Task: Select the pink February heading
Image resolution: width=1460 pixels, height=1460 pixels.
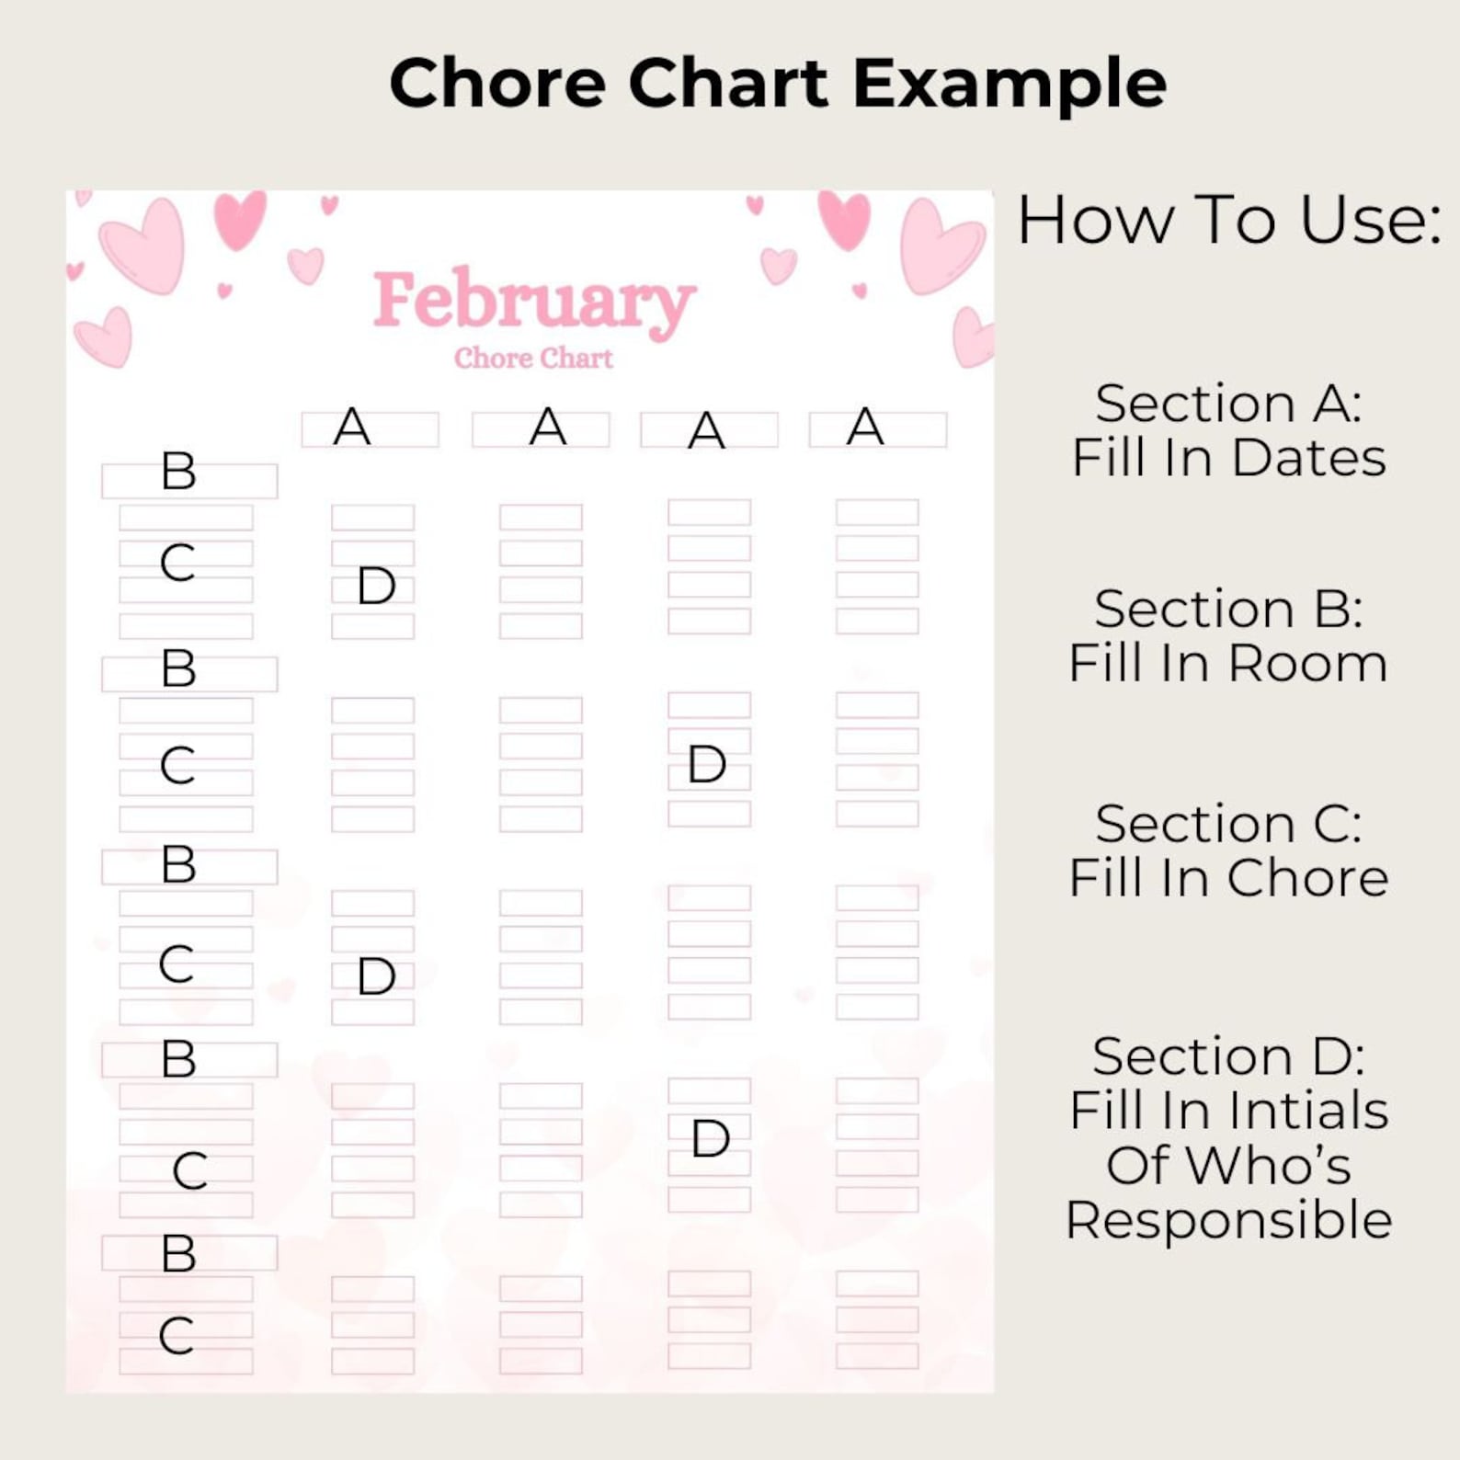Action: pyautogui.click(x=533, y=301)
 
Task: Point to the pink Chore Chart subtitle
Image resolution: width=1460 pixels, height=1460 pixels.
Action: pyautogui.click(x=533, y=358)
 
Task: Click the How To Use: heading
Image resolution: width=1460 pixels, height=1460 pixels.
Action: pyautogui.click(x=1228, y=221)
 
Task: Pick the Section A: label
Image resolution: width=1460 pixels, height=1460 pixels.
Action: pyautogui.click(x=1228, y=403)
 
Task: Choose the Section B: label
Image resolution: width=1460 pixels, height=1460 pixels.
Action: pyautogui.click(x=1228, y=609)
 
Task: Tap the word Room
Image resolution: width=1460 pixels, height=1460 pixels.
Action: pyautogui.click(x=1306, y=663)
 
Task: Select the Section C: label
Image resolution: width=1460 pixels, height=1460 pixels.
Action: pyautogui.click(x=1228, y=823)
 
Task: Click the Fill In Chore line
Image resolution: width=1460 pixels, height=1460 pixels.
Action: pyautogui.click(x=1228, y=877)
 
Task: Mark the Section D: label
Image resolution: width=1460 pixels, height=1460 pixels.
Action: pyautogui.click(x=1228, y=1055)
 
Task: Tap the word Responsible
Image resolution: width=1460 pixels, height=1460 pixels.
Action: pyautogui.click(x=1228, y=1220)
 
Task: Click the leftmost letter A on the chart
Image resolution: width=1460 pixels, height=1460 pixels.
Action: pyautogui.click(x=352, y=427)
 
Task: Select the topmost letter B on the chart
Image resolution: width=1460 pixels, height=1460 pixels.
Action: pyautogui.click(x=178, y=471)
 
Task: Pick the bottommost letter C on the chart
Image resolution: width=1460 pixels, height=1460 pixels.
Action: pyautogui.click(x=177, y=1336)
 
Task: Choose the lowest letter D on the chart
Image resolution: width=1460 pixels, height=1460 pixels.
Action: pyautogui.click(x=710, y=1139)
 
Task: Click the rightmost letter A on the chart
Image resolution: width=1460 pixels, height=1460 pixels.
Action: pyautogui.click(x=865, y=427)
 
